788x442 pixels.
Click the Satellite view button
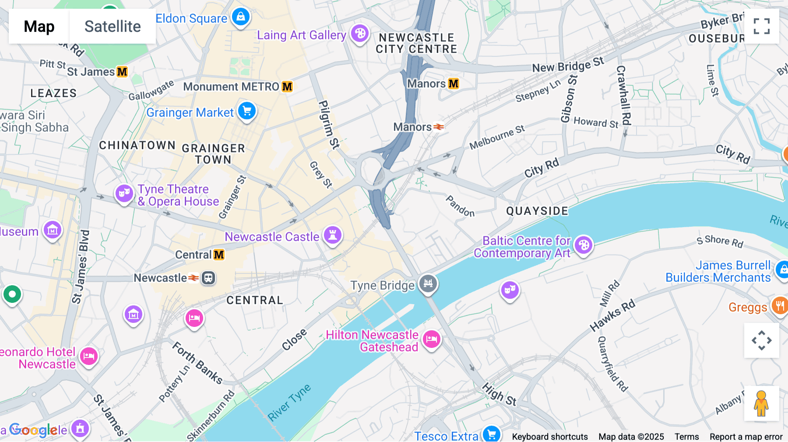(113, 26)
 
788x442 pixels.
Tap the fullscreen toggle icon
(761, 26)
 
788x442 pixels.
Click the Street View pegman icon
(761, 403)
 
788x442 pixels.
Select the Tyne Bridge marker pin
(428, 283)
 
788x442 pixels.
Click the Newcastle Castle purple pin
(333, 235)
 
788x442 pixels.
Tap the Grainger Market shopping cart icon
(247, 111)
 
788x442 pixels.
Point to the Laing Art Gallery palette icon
(360, 33)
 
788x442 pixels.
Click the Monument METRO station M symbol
(287, 87)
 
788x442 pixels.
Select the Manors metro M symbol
(454, 84)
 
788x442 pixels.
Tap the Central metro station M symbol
(219, 255)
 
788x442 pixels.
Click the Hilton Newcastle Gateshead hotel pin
(432, 339)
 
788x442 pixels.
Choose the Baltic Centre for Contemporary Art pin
(584, 245)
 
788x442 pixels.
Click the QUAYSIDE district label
(537, 211)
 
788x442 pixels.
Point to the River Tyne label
(289, 403)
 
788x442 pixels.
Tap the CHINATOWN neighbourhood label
(137, 145)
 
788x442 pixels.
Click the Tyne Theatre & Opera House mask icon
(124, 193)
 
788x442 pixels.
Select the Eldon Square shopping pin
(240, 17)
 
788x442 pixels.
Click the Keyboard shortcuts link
(550, 437)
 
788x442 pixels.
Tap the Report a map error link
(746, 437)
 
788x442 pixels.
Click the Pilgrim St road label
(329, 124)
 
